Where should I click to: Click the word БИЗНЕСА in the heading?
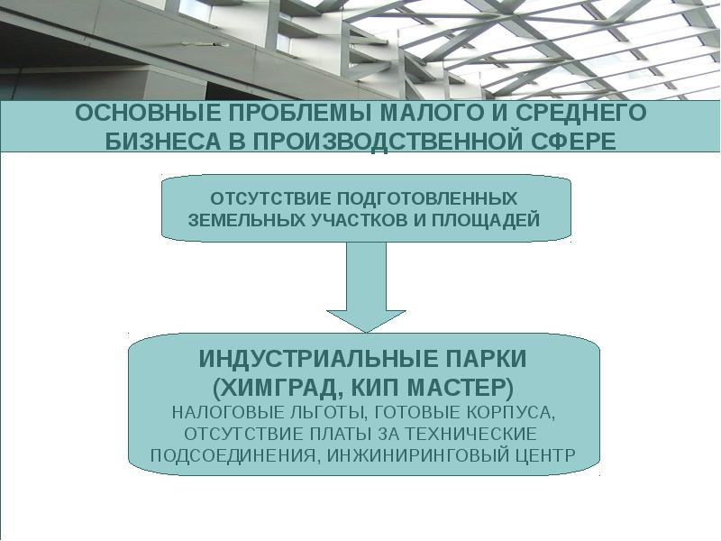(x=159, y=142)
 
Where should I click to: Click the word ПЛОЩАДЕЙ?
(x=487, y=220)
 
